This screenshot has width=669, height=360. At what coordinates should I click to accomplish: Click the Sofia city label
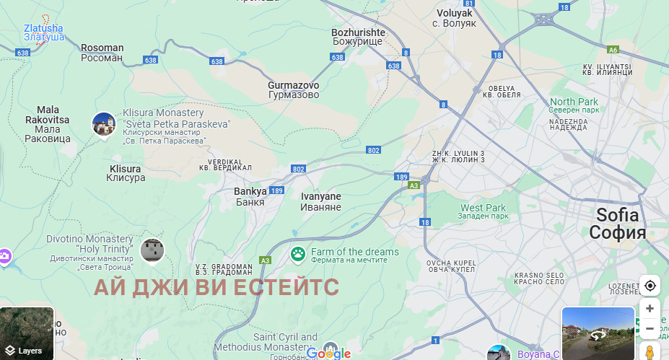(617, 223)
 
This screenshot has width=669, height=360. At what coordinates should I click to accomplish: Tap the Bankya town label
(250, 196)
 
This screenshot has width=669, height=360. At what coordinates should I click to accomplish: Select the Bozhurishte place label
(359, 38)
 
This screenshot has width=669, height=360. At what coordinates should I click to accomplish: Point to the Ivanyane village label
(320, 201)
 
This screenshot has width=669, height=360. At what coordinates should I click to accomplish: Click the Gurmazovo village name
(293, 89)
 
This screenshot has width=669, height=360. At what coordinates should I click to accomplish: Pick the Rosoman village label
(102, 53)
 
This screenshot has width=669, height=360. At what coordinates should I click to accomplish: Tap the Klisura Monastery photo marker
(104, 124)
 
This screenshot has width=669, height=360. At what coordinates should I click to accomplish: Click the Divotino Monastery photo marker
(152, 250)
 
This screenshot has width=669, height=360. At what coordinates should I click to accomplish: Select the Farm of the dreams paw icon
(297, 253)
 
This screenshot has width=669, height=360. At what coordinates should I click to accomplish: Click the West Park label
(483, 211)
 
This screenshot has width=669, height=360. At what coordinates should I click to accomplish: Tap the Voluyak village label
(455, 18)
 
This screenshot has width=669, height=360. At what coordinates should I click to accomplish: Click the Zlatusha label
(43, 32)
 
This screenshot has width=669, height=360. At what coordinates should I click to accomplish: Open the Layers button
(27, 333)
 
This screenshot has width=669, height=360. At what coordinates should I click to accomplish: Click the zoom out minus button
(650, 329)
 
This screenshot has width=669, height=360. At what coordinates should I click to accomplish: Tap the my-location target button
(650, 286)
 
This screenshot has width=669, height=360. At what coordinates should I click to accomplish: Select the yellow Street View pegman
(649, 351)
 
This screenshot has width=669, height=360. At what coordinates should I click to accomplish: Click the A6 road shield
(613, 50)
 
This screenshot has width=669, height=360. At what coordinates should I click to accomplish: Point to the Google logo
(328, 354)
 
